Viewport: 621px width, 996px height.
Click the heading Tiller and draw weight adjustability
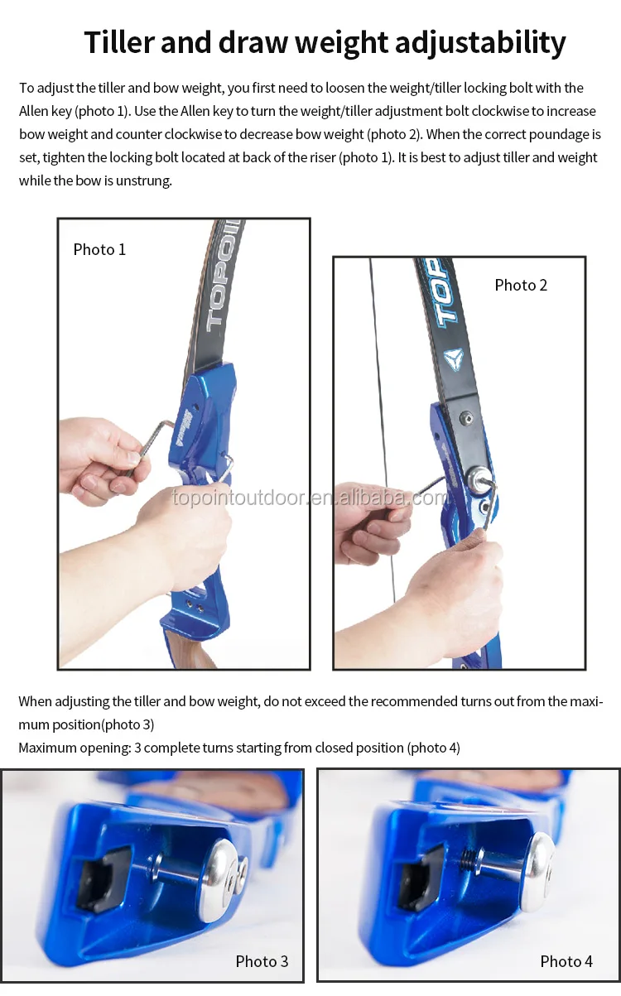(325, 42)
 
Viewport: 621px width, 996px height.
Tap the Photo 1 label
(99, 249)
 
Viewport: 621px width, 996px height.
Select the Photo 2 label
(521, 285)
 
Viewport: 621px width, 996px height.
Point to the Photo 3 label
(262, 961)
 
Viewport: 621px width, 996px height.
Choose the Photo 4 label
(566, 961)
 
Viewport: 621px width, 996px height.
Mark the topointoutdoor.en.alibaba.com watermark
(310, 498)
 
